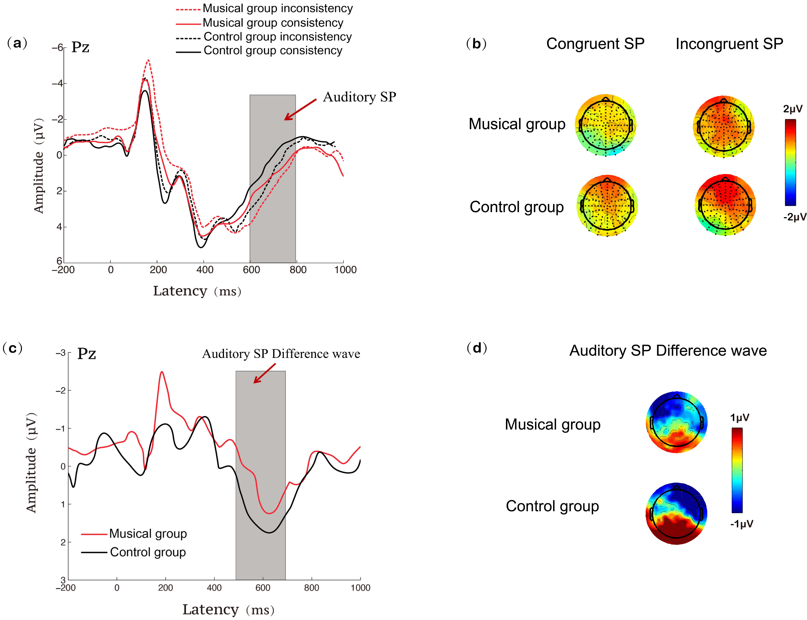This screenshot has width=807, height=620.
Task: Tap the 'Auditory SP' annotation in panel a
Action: coord(359,97)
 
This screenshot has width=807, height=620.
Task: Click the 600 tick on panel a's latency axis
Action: coord(251,270)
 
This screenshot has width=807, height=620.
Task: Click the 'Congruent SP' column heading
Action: coord(595,44)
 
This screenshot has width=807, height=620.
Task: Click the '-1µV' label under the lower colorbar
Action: coord(741,524)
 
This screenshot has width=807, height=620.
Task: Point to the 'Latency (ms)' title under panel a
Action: coord(197,291)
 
